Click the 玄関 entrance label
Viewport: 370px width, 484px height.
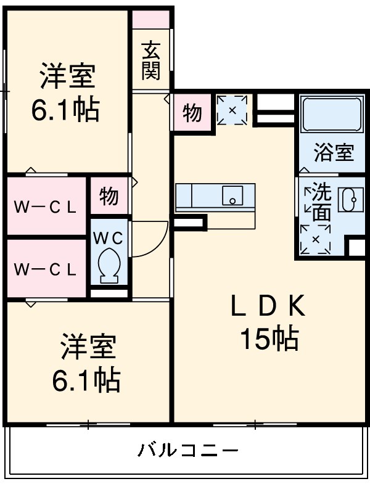click(150, 60)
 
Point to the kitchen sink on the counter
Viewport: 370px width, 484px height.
click(232, 196)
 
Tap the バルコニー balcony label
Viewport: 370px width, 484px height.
click(187, 449)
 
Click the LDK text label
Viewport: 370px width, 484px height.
click(268, 307)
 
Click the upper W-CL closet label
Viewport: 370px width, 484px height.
click(46, 207)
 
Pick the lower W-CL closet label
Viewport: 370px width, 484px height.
click(46, 269)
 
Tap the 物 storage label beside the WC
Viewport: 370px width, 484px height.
click(109, 196)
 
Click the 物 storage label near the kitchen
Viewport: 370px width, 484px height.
click(192, 113)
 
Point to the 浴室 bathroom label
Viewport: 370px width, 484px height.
click(334, 153)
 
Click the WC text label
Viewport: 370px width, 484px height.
click(109, 237)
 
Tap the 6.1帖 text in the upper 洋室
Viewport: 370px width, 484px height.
click(65, 110)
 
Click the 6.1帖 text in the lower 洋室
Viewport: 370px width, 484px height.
click(86, 380)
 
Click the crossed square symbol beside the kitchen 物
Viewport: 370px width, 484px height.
click(232, 110)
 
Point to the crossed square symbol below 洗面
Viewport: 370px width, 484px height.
click(316, 239)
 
